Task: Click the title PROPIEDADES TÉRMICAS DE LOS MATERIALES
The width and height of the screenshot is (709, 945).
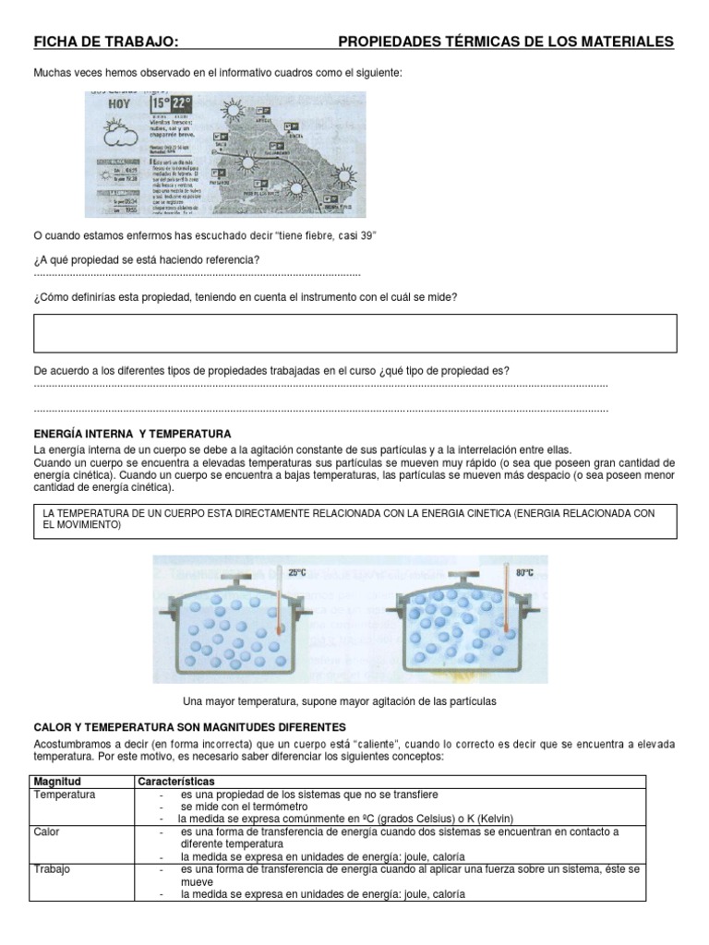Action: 506,42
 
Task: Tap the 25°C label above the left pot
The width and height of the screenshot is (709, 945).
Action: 296,572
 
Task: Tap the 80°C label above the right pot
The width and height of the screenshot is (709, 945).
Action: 524,572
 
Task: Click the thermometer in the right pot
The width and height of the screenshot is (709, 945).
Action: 506,604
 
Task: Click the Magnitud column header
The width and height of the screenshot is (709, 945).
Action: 57,782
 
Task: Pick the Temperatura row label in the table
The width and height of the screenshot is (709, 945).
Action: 65,795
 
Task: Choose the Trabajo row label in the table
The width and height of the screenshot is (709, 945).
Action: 51,869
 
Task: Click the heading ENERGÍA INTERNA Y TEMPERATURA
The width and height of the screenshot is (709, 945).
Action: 132,433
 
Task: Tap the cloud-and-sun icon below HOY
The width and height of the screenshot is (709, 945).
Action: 118,138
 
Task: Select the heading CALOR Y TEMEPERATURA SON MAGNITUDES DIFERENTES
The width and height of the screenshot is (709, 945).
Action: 189,727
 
